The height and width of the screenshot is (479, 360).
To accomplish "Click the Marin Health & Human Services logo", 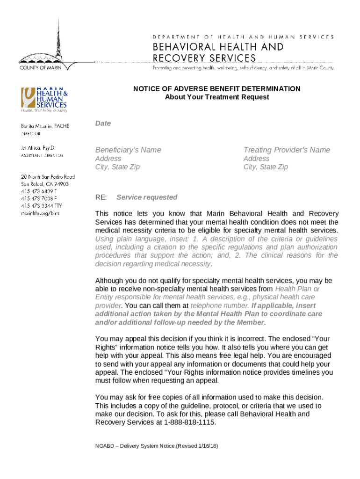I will pos(43,100).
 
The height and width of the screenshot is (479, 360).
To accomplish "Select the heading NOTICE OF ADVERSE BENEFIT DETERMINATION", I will pos(216,88).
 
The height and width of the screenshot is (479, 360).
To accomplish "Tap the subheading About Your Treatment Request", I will pos(216,97).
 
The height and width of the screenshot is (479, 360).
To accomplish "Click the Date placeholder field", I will pos(103,123).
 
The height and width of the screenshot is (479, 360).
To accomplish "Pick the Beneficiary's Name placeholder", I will pos(128,150).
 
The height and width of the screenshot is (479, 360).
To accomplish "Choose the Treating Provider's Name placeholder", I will pos(287,150).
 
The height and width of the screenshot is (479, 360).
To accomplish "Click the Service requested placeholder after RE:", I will pos(146,197).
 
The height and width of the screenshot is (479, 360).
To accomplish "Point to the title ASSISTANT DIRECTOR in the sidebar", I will pos(42,155).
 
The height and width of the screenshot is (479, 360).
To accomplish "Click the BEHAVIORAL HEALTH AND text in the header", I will pos(218,47).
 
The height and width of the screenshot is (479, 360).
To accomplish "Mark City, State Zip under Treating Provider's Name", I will pos(266,167).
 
